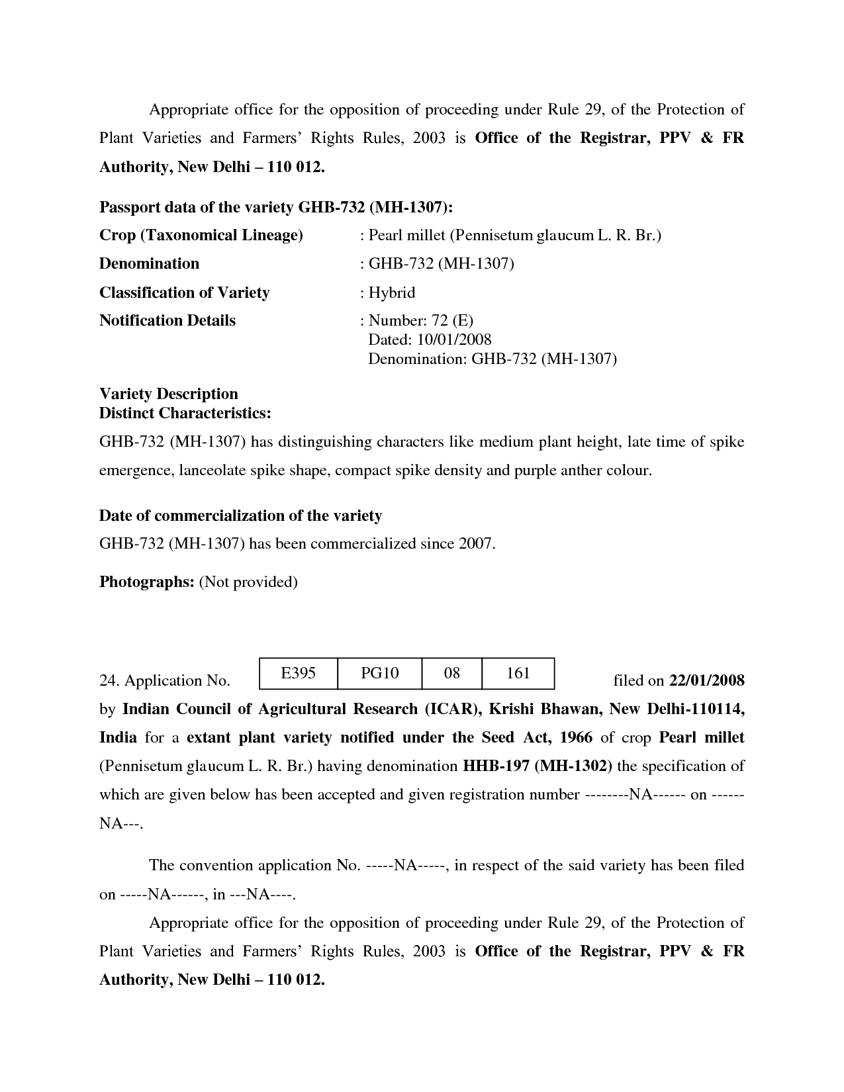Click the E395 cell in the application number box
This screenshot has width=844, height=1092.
click(298, 674)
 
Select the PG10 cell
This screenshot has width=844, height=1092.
click(379, 674)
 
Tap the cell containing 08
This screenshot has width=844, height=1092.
click(451, 674)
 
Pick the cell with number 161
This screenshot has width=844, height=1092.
click(518, 674)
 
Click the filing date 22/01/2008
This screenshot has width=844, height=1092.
click(707, 680)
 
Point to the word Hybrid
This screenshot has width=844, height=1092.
click(391, 293)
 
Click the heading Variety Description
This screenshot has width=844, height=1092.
click(168, 394)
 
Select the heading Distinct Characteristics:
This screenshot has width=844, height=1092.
click(185, 413)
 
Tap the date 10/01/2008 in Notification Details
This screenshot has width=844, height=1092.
click(454, 340)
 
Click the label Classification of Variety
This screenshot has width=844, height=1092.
click(184, 293)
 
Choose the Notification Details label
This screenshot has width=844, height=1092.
click(167, 320)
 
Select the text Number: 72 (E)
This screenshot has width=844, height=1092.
click(420, 320)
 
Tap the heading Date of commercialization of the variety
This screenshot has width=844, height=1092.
click(240, 516)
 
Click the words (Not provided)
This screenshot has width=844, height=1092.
click(248, 582)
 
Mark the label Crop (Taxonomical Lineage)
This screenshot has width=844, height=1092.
click(201, 236)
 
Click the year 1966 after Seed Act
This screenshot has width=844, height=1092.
click(576, 738)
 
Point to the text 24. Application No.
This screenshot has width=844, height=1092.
click(164, 681)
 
